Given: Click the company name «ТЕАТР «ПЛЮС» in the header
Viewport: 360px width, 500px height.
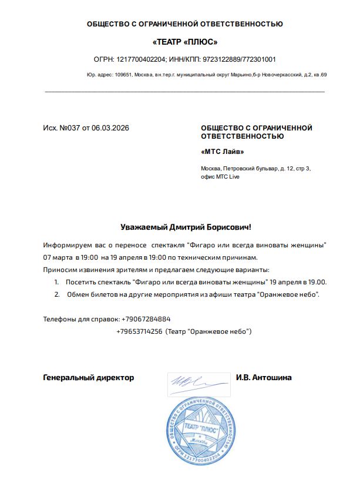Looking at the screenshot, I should click(x=185, y=42).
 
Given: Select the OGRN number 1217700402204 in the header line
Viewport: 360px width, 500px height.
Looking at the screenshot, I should click(x=141, y=59).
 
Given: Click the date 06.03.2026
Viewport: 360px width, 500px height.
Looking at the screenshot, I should click(x=110, y=128).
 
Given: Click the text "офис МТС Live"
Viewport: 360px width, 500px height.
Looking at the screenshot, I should click(x=220, y=177).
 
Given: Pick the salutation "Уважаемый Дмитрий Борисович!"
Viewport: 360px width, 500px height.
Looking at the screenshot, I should click(x=185, y=227).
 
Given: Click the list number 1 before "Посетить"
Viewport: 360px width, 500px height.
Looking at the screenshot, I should click(x=56, y=282).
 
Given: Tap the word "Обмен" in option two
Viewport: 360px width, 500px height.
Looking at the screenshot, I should click(x=78, y=294).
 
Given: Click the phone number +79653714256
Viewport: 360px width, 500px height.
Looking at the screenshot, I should click(x=139, y=332).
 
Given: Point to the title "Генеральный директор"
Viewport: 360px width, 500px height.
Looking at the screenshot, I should click(x=89, y=378).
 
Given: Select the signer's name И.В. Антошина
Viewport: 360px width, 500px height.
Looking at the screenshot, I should click(x=264, y=378).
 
